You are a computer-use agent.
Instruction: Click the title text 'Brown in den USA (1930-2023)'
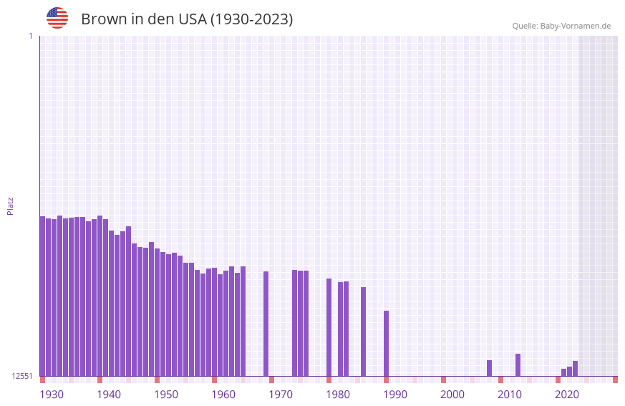click(187, 19)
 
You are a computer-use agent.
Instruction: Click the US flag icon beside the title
click(57, 18)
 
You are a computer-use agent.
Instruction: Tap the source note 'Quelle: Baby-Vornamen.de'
click(561, 26)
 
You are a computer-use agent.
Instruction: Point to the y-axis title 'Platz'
click(10, 206)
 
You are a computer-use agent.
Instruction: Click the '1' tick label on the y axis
click(30, 36)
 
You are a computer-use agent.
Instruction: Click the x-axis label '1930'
click(52, 395)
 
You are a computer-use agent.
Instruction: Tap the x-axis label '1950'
click(166, 395)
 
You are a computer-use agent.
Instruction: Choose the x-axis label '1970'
click(281, 395)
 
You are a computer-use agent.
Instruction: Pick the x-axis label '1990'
click(395, 395)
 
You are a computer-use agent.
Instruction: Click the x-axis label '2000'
click(452, 395)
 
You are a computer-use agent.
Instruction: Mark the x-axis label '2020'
click(567, 395)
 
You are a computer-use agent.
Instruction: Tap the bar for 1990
click(386, 343)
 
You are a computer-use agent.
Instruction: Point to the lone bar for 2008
click(489, 368)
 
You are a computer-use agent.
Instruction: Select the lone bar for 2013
click(518, 364)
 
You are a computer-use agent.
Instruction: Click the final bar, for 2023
click(575, 368)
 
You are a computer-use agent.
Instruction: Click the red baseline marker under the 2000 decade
click(443, 380)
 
